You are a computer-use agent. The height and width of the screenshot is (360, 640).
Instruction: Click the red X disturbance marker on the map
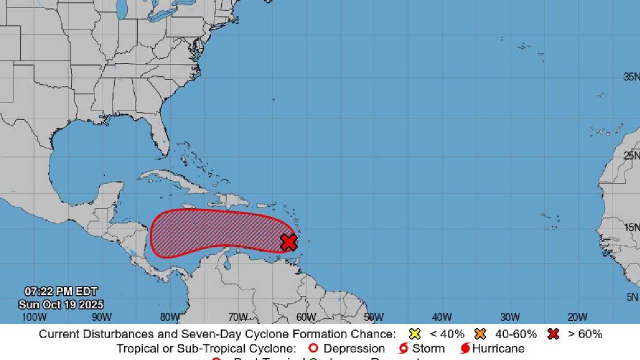[x=289, y=242]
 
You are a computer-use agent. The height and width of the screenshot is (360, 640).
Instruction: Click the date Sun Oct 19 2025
[x=61, y=305]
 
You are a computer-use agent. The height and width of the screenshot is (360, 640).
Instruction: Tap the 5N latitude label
[x=633, y=297]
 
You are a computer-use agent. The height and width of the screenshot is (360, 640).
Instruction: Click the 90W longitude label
[x=101, y=317]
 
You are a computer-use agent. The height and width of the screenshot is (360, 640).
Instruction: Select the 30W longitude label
[x=510, y=317]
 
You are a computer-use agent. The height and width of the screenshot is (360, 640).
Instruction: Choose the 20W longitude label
[x=577, y=317]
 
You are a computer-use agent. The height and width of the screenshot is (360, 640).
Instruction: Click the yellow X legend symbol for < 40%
[x=414, y=334]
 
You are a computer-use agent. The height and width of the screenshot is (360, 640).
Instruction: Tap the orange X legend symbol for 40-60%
[x=480, y=334]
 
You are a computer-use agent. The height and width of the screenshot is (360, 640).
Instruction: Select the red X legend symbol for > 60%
[x=553, y=334]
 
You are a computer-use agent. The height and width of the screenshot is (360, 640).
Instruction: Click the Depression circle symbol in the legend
[x=314, y=349]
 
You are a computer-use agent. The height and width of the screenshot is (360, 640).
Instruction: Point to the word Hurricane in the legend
[x=498, y=349]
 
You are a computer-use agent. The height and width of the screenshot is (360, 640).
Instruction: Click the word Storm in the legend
[x=428, y=349]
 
